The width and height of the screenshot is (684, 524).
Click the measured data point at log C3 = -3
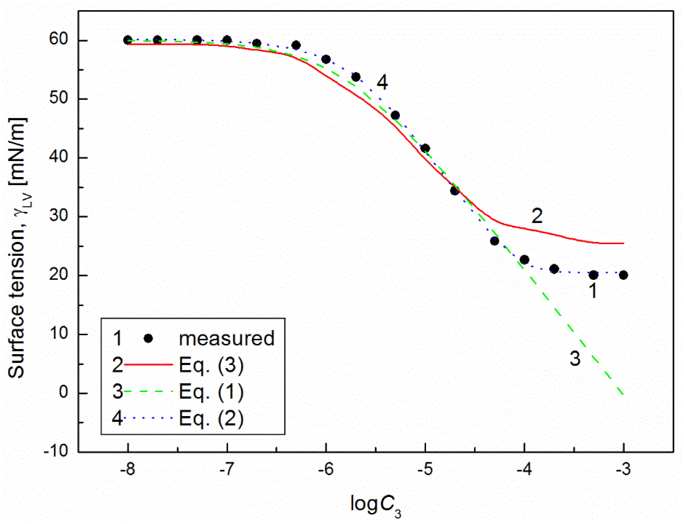(x=623, y=275)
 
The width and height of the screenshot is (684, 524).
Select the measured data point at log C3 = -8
(x=128, y=40)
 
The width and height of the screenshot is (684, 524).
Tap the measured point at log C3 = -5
(x=425, y=148)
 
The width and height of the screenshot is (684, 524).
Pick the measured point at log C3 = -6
(x=326, y=59)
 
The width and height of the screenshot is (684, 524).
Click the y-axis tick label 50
(x=59, y=98)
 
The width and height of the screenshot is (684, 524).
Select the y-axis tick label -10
(x=56, y=451)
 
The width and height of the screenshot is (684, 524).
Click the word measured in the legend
(x=226, y=338)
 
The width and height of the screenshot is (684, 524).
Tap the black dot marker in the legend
(x=149, y=338)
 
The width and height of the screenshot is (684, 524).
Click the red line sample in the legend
(x=149, y=364)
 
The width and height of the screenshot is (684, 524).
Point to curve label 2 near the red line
(x=537, y=215)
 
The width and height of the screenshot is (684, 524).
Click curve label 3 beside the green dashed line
(x=575, y=358)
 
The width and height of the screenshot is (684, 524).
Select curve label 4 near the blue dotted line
(x=382, y=83)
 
